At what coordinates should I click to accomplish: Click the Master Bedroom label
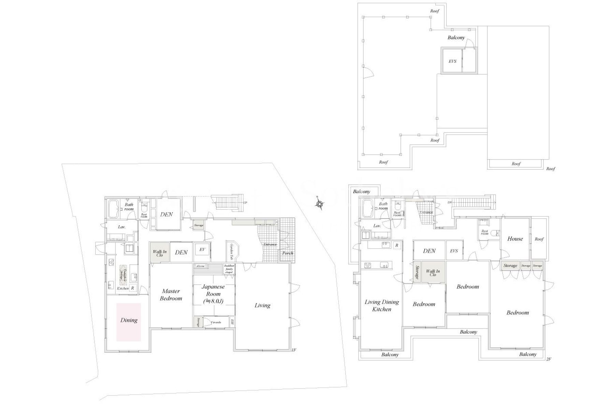(171, 295)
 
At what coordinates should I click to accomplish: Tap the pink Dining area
(129, 322)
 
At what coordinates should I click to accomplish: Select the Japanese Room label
(214, 294)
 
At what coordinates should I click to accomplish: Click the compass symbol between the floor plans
(320, 204)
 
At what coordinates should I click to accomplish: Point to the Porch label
(288, 253)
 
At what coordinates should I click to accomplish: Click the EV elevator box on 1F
(202, 250)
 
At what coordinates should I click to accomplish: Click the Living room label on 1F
(262, 305)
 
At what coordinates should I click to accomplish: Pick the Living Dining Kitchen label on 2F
(382, 305)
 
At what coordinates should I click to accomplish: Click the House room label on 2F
(515, 239)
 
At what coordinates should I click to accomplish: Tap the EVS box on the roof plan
(452, 61)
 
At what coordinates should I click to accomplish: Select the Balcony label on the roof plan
(456, 37)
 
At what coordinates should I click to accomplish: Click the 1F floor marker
(294, 350)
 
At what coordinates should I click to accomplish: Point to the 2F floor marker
(549, 359)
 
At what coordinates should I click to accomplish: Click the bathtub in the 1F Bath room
(113, 209)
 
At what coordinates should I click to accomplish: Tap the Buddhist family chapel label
(229, 269)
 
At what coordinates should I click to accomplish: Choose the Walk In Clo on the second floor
(433, 273)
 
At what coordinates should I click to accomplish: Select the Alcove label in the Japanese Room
(200, 266)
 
